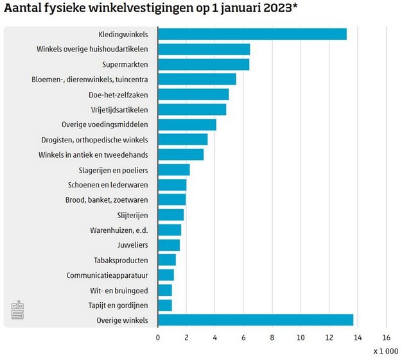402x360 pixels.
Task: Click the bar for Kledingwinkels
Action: [x=252, y=34]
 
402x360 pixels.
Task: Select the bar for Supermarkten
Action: [x=203, y=64]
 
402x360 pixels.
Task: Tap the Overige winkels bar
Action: [x=255, y=320]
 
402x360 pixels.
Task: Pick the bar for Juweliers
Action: [x=168, y=244]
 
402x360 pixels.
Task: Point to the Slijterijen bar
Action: [x=170, y=214]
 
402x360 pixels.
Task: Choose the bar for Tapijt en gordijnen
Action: [x=164, y=305]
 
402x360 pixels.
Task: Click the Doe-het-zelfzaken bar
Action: [x=193, y=94]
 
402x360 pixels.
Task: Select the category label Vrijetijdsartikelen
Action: [x=119, y=110]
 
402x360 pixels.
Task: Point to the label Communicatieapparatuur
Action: [x=107, y=275]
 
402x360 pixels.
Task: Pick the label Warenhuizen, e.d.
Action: [x=119, y=230]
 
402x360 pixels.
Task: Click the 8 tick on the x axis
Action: [x=272, y=336]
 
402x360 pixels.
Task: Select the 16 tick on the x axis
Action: [x=386, y=336]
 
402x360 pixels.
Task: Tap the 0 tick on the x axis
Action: [x=158, y=336]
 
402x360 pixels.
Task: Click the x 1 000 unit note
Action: [x=385, y=352]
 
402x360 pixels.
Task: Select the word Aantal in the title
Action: [x=22, y=10]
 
